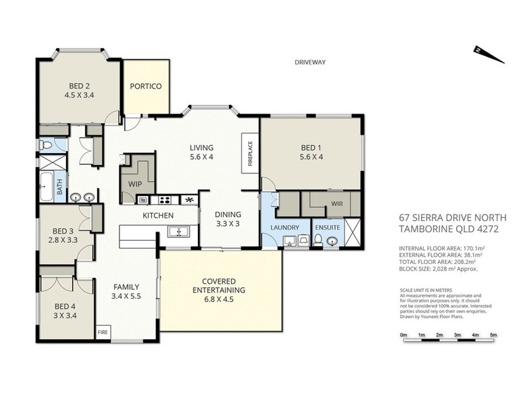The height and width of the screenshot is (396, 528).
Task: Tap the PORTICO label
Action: tap(145, 86)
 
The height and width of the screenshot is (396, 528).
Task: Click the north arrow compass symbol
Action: tap(489, 55)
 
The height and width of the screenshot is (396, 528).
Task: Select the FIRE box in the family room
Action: tap(103, 333)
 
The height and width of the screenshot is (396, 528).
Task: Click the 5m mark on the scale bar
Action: tap(493, 336)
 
